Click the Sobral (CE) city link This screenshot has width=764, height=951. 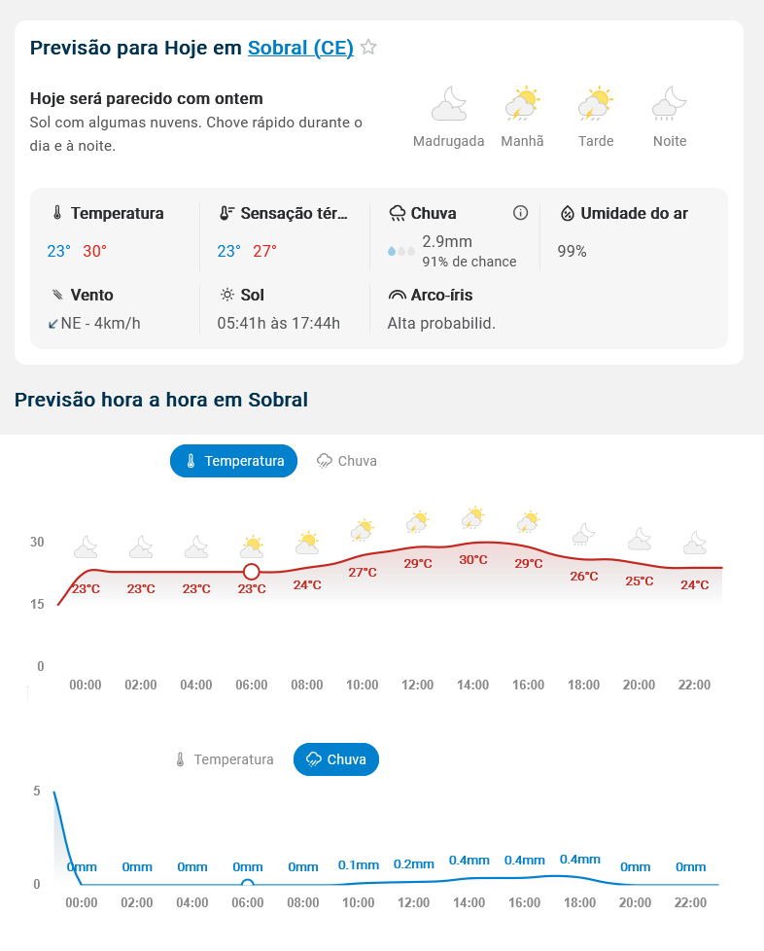coord(300,48)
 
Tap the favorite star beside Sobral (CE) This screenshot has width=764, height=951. coord(368,47)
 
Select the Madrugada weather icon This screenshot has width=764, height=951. coord(448,103)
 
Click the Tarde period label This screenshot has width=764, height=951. coord(596,141)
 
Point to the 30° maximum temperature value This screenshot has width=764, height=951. coord(94,251)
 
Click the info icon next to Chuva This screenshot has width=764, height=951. coord(520,213)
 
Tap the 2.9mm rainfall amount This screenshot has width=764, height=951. coord(447,241)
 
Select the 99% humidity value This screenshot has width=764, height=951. coord(572,251)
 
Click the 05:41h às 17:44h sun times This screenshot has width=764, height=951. coord(278,323)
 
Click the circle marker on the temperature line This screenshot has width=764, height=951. coord(252,571)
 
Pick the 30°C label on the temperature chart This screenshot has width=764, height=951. coord(473,560)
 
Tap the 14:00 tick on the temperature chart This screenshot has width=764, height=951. coord(473,685)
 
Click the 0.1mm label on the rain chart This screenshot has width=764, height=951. coord(358,865)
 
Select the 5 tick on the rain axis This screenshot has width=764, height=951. coord(37,791)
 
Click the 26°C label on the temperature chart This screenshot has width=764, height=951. coord(584,576)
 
